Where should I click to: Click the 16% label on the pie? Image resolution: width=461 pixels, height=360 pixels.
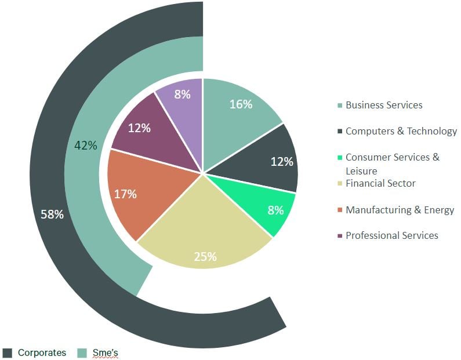241,104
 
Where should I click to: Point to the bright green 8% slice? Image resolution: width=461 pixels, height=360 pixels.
270,206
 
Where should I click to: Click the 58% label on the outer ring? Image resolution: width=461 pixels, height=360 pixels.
52,214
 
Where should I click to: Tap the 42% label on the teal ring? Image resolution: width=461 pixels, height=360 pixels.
86,146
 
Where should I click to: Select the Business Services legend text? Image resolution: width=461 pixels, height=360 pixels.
384,105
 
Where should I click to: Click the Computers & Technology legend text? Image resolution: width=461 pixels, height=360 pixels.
401,131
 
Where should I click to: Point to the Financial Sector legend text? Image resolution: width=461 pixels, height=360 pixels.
380,184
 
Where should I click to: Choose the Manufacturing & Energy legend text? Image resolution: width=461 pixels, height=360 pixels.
400,210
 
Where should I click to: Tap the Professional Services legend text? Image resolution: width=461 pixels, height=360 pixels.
391,235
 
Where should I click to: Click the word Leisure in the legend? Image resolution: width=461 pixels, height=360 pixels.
361,171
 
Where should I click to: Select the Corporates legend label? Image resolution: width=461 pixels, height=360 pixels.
42,352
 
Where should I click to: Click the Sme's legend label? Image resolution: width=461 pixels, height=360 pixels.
105,352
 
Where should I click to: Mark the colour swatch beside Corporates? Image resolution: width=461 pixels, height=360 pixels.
8,353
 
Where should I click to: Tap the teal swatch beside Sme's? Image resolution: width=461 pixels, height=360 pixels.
82,353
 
